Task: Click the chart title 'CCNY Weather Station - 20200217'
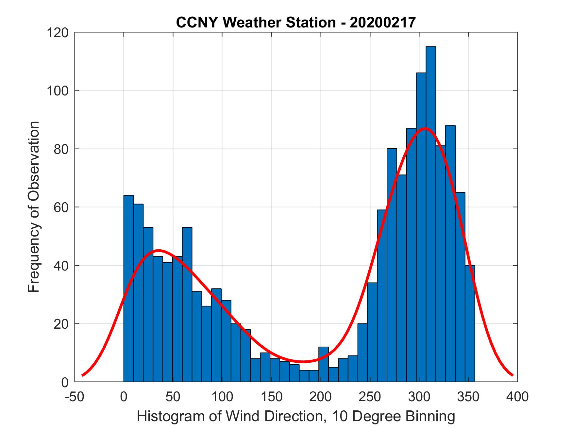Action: click(296, 23)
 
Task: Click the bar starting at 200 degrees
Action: click(324, 364)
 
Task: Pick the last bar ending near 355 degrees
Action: click(470, 323)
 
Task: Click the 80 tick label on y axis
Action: click(61, 149)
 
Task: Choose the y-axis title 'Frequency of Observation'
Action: click(34, 207)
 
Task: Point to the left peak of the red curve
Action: click(158, 251)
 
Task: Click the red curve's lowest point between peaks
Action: click(303, 362)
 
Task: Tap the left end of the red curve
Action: click(83, 375)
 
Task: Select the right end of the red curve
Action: click(512, 375)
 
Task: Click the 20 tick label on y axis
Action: click(61, 324)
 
